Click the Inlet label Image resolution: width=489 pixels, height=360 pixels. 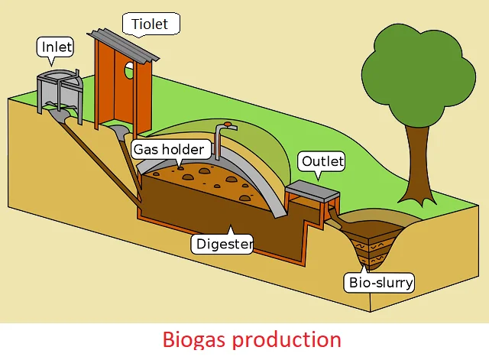click(x=56, y=47)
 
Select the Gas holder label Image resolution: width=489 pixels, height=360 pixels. click(x=168, y=149)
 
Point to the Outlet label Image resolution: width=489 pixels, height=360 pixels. click(x=322, y=161)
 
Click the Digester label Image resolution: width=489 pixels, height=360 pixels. click(x=222, y=245)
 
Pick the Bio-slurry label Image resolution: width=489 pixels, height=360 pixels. click(x=381, y=282)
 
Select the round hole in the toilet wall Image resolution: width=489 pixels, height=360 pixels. click(x=128, y=71)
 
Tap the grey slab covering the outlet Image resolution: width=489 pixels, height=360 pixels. click(x=313, y=190)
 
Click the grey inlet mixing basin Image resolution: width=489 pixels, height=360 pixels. click(x=60, y=88)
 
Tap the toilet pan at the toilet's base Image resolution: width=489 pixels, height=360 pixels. click(x=121, y=131)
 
